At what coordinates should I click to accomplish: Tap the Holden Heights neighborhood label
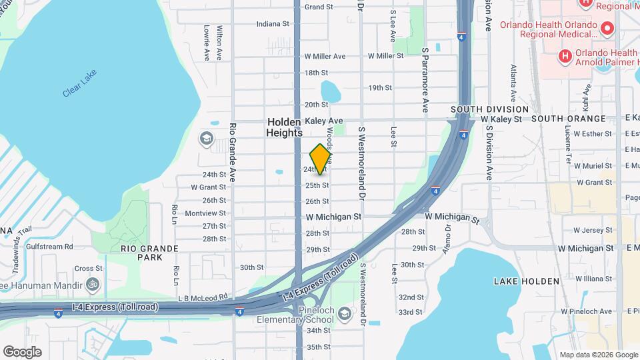click(285, 127)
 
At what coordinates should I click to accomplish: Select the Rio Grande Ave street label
click(233, 153)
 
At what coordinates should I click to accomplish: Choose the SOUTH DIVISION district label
click(489, 109)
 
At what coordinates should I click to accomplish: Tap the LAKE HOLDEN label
click(527, 281)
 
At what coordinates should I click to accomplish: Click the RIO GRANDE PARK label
click(149, 252)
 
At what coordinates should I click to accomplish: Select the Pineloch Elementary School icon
click(344, 313)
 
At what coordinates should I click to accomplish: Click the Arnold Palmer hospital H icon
click(565, 57)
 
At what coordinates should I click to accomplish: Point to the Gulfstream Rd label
click(50, 247)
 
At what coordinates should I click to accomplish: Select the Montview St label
click(205, 213)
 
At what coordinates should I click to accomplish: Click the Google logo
click(22, 351)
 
